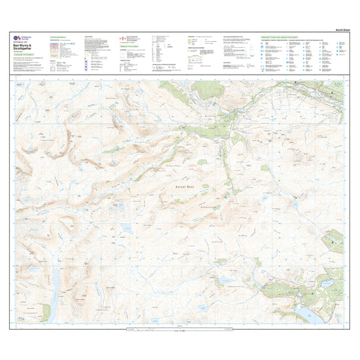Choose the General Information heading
[x=130, y=46]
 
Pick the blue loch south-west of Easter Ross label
[x=125, y=228]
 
